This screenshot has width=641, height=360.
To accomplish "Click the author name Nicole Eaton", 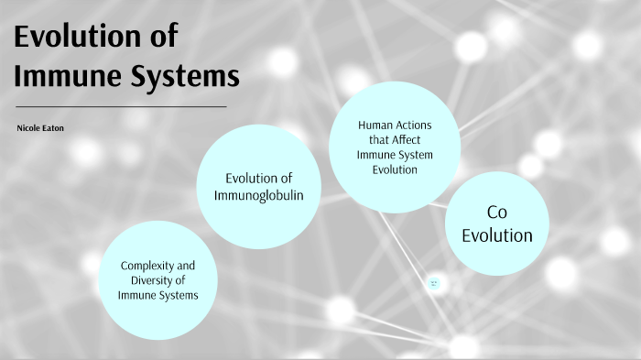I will point(39,130).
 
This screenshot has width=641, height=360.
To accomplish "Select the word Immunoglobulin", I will point(259,195).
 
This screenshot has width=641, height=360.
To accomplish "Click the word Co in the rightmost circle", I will point(496,213).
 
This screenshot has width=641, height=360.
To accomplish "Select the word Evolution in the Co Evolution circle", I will point(496,235).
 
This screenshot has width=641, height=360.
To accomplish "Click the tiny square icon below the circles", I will point(434,284).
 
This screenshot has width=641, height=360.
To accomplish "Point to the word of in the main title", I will point(162,38).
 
